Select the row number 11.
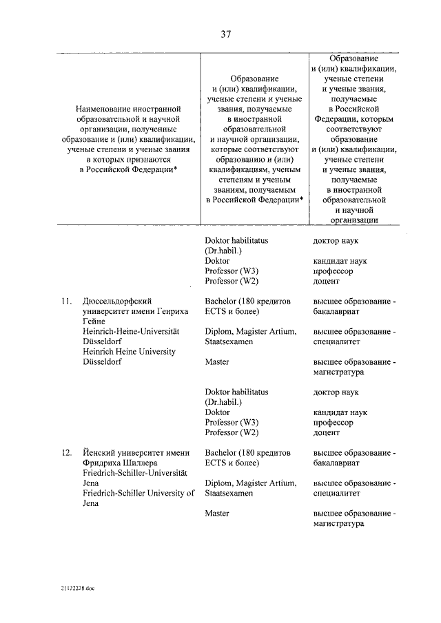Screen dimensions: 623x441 click(67, 301)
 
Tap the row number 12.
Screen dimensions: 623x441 click(67, 453)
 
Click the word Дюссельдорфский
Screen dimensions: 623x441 click(116, 301)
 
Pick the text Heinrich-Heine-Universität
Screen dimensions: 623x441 click(130, 331)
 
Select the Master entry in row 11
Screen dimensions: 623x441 click(218, 361)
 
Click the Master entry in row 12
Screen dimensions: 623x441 click(218, 513)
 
